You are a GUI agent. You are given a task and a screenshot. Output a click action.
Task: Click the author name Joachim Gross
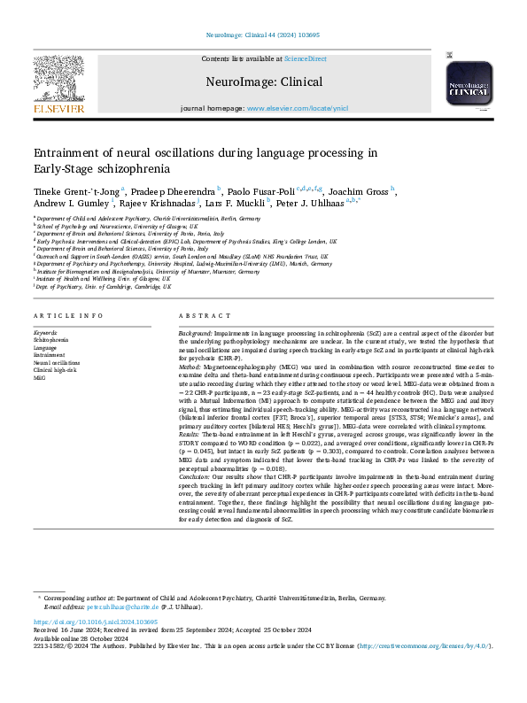(362, 189)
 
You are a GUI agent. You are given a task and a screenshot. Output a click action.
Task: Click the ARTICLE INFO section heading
(63, 316)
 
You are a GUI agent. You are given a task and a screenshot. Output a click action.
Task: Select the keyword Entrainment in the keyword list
(50, 355)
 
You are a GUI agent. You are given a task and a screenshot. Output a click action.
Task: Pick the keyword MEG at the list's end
(40, 377)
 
